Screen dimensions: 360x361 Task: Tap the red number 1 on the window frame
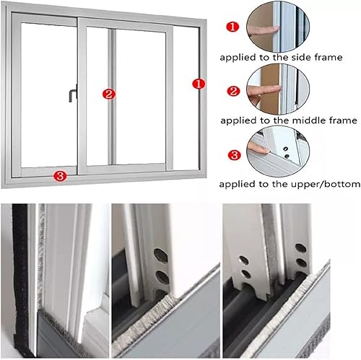(197, 84)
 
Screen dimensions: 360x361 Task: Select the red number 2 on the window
(108, 94)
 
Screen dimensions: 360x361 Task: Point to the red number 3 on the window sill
(61, 175)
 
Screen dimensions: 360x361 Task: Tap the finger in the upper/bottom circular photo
(258, 148)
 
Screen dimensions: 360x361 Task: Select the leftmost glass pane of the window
(45, 94)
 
